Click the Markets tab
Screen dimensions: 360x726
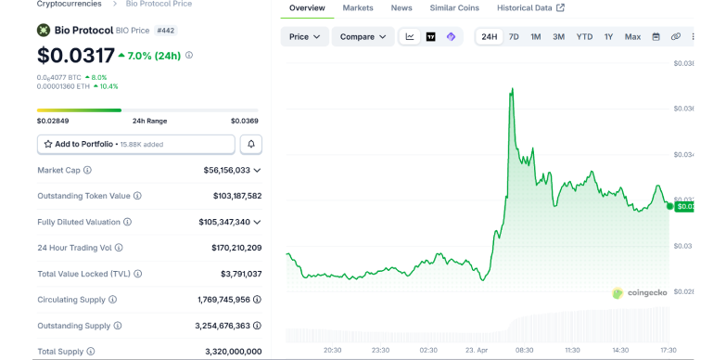pos(358,8)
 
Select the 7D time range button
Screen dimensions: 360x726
pos(514,37)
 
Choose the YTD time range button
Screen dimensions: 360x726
pos(584,37)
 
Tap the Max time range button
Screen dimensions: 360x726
pos(632,37)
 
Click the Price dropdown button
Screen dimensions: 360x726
pos(304,37)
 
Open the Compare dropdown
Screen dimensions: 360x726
pos(363,37)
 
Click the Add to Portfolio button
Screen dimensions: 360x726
pos(135,144)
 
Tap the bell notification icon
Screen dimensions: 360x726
pos(250,144)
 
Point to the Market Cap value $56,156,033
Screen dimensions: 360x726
pos(226,171)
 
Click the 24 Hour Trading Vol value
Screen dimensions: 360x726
pos(230,248)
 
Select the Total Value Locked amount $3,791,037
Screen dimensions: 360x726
pos(240,274)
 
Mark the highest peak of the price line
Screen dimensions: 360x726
pos(512,89)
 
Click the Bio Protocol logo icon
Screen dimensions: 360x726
pos(44,30)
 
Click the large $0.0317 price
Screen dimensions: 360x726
pos(76,56)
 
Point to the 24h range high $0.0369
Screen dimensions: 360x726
pos(244,121)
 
